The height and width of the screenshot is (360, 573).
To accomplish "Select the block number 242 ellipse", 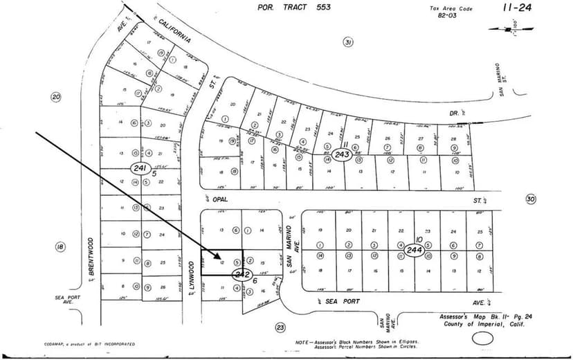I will tap(241, 275).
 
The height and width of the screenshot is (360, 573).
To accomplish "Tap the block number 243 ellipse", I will tap(340, 153).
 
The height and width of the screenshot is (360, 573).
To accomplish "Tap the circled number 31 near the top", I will tap(347, 42).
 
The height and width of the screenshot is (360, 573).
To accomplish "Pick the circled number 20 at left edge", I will tap(56, 97).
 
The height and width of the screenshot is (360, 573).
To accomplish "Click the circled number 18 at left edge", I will tap(60, 246).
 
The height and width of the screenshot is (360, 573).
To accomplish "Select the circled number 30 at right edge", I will tap(531, 199).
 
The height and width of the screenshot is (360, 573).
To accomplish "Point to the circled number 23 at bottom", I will tap(280, 327).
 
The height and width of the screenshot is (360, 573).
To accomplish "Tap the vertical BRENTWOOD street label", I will tap(90, 259).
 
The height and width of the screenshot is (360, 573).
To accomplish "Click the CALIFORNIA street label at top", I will tap(174, 33).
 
